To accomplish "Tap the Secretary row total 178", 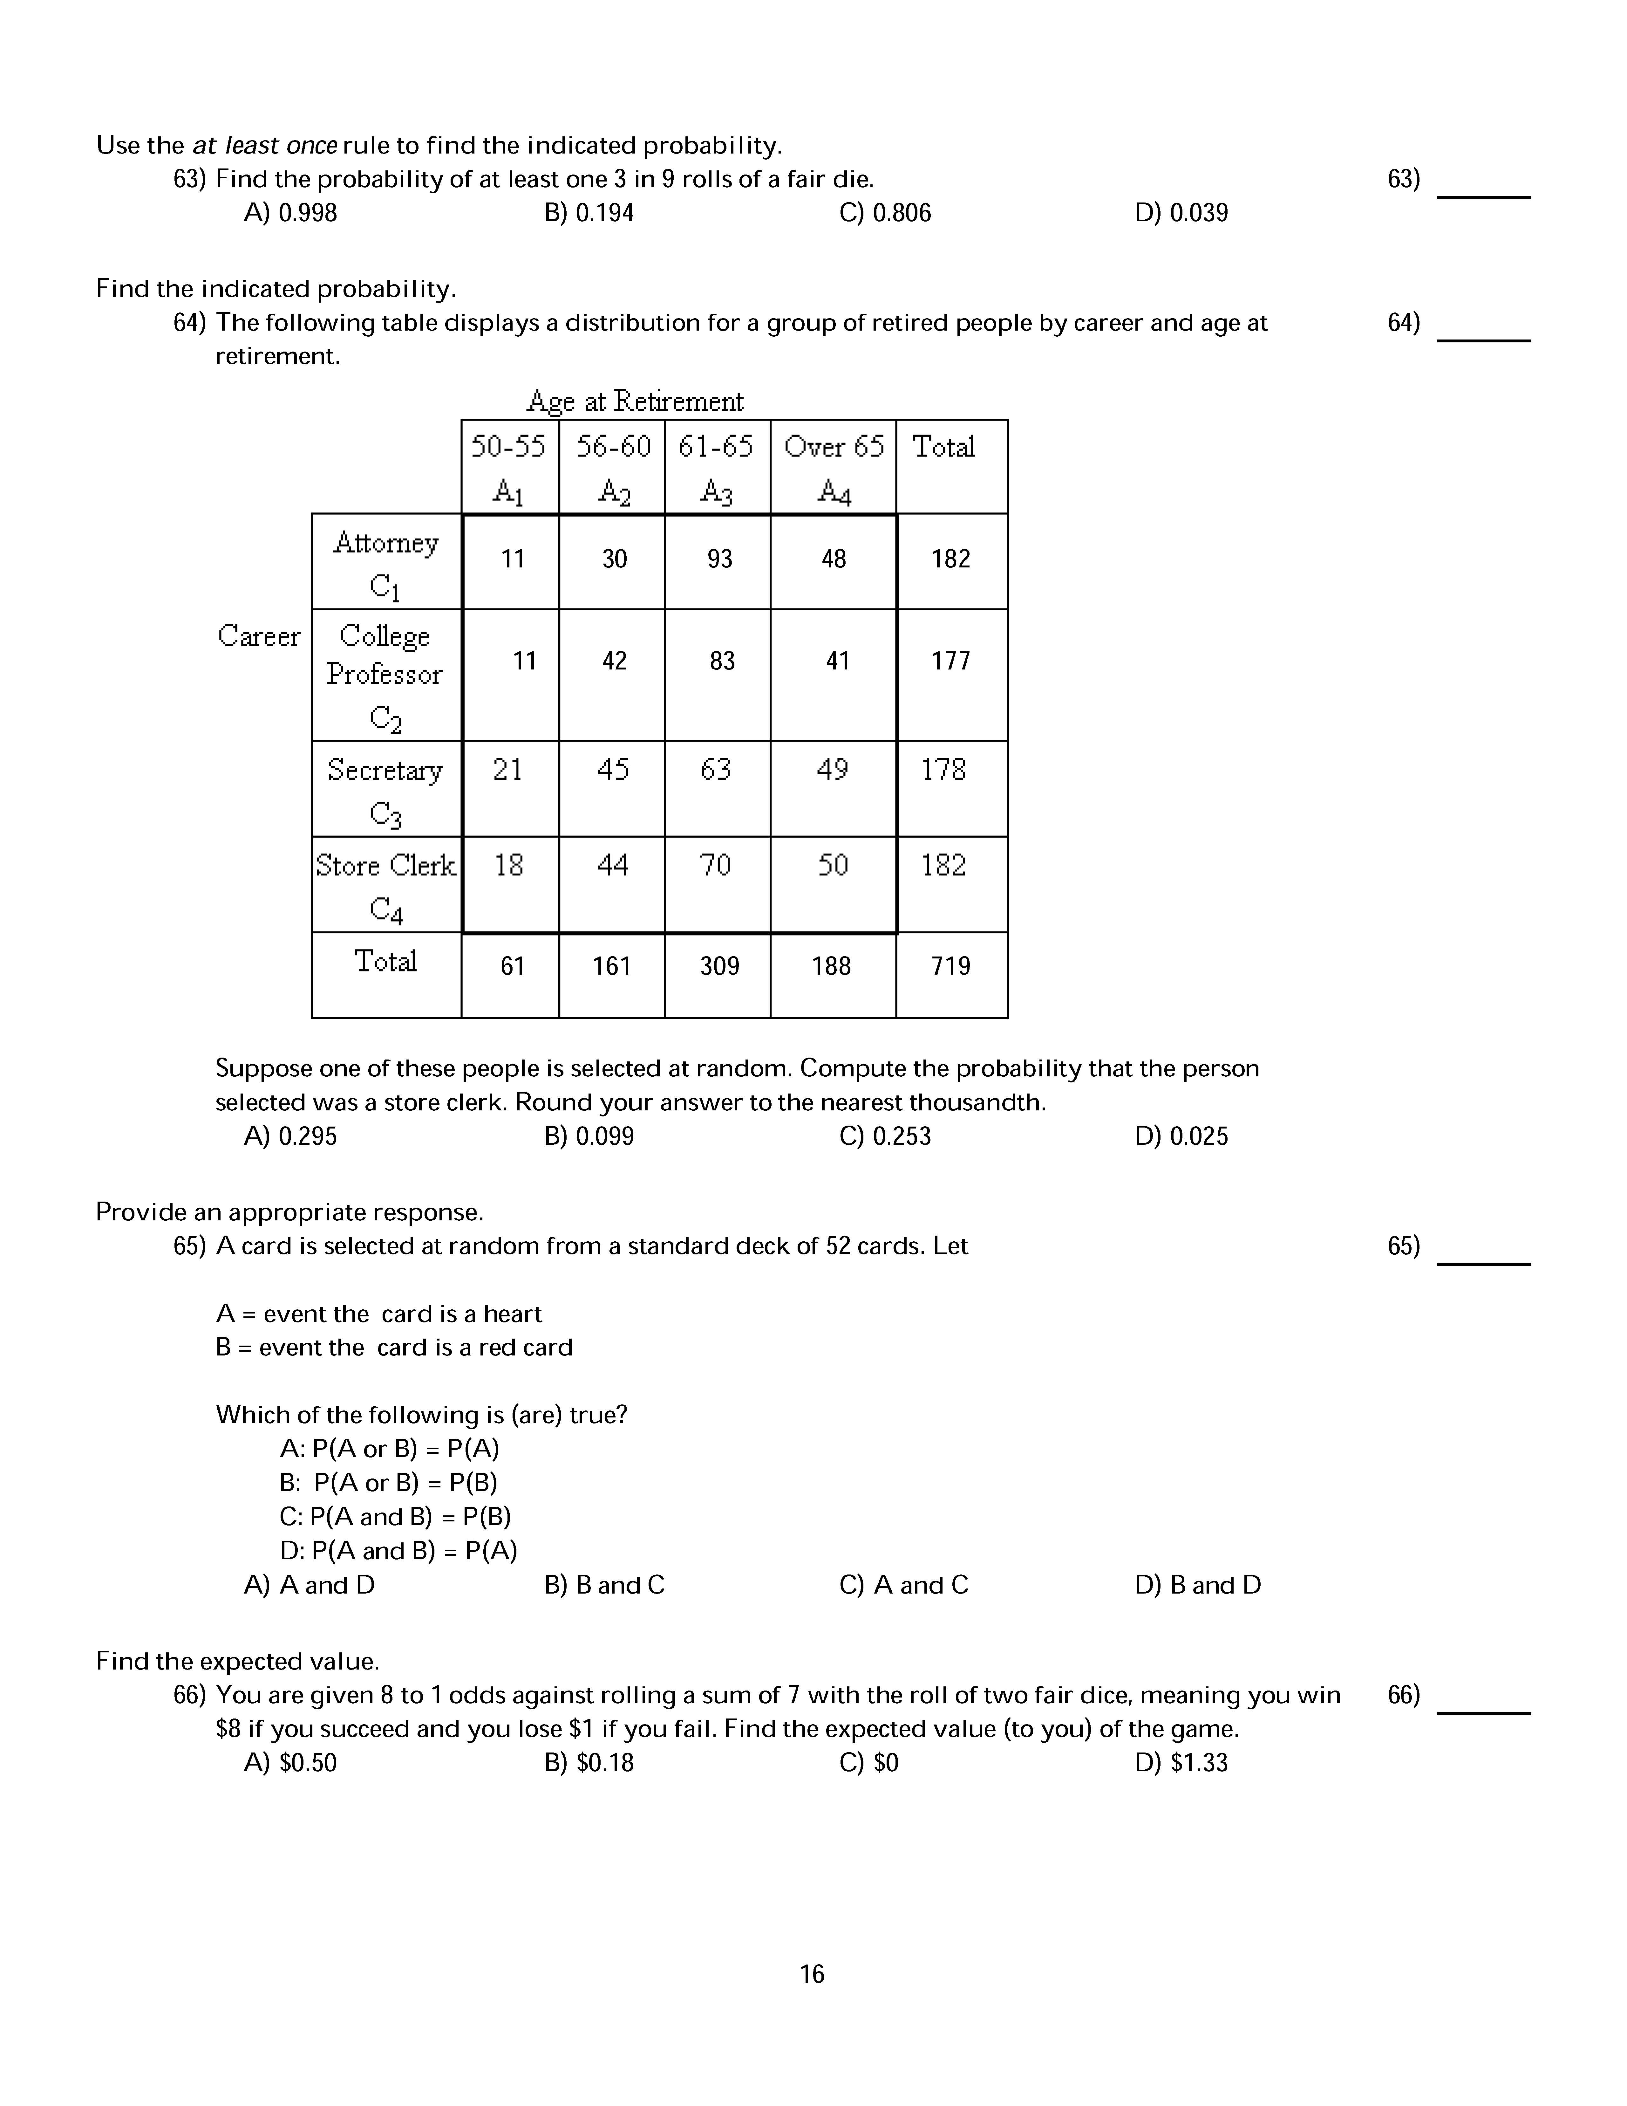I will (x=943, y=770).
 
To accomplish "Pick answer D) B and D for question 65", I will (x=1198, y=1585).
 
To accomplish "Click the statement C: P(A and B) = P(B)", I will (x=395, y=1517).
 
